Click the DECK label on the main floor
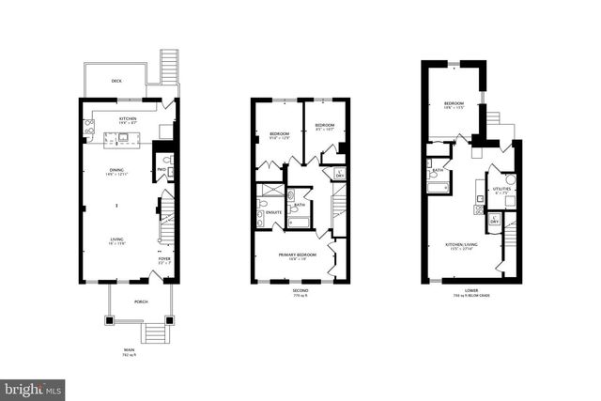pyautogui.click(x=117, y=81)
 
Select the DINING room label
pyautogui.click(x=117, y=170)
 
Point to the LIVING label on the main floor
pyautogui.click(x=117, y=239)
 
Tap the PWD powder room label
pyautogui.click(x=161, y=170)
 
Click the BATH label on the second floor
pyautogui.click(x=298, y=205)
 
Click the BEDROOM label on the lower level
pyautogui.click(x=455, y=103)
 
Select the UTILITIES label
pyautogui.click(x=502, y=189)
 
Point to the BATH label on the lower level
pyautogui.click(x=438, y=170)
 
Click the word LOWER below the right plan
pyautogui.click(x=470, y=289)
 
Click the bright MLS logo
pyautogui.click(x=33, y=386)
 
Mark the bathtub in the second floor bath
pyautogui.click(x=300, y=223)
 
